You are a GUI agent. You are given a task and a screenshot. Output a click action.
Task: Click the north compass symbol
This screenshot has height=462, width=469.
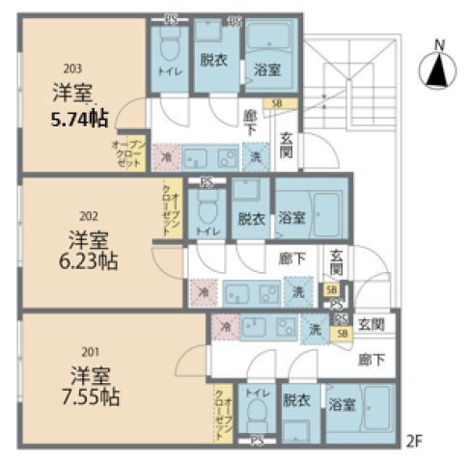tap(438, 68)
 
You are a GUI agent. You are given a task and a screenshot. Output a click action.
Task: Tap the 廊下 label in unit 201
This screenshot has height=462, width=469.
tap(372, 360)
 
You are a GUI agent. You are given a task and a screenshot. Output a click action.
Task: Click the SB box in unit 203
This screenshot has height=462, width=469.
tap(278, 102)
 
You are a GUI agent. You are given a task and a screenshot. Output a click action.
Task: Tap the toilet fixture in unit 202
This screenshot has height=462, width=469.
tap(206, 206)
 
